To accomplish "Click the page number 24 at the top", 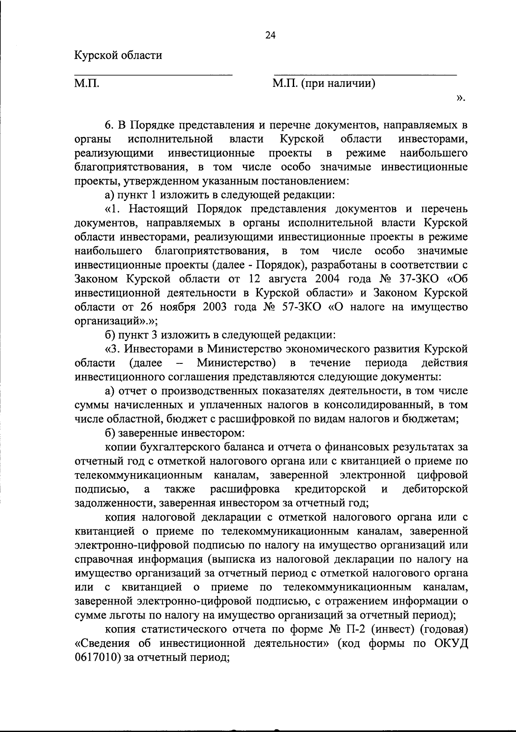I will point(270,36).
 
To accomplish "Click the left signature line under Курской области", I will point(154,74).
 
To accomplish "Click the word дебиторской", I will point(435,489).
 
